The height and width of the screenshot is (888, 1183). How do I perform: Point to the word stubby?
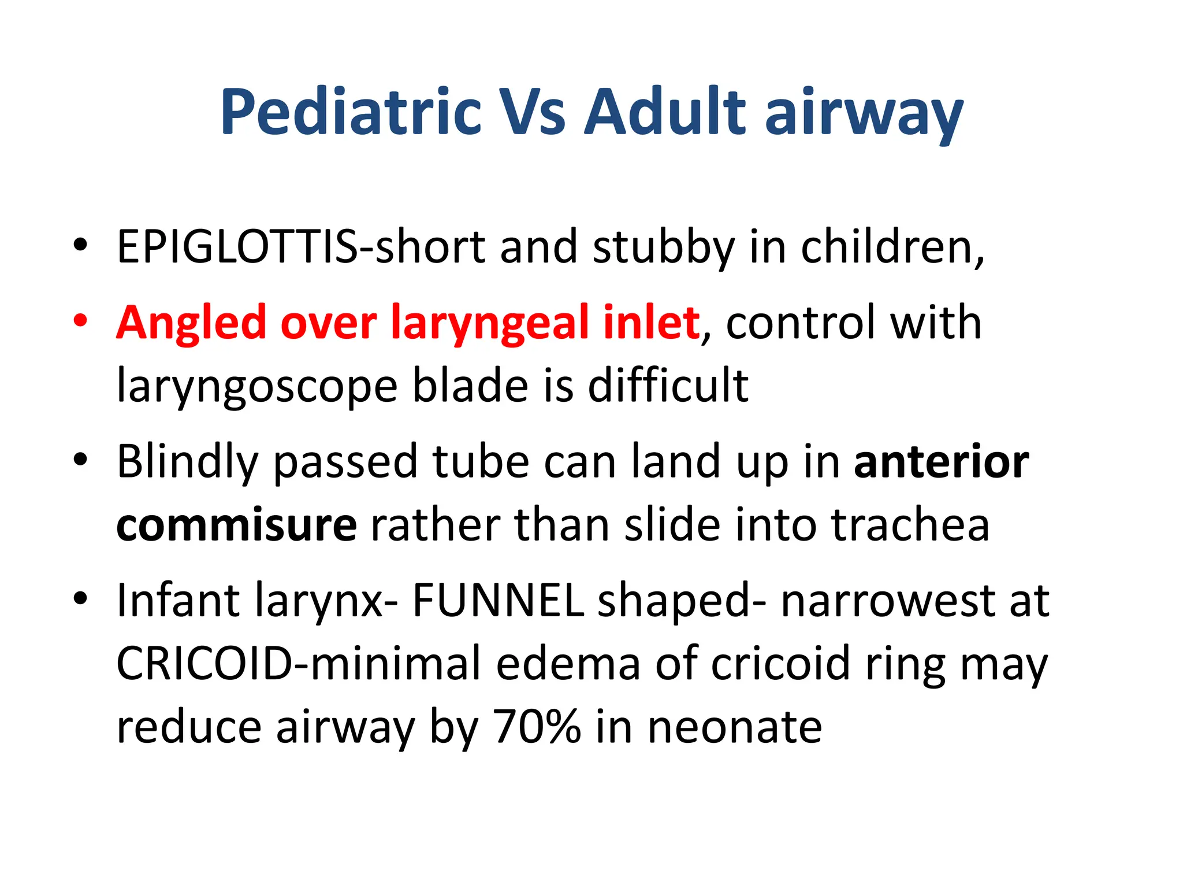(664, 247)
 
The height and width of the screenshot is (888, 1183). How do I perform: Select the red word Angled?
(191, 323)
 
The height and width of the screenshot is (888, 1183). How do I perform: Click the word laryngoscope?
(256, 386)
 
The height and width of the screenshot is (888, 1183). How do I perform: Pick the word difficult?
(668, 385)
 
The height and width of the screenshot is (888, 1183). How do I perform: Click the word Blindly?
(187, 461)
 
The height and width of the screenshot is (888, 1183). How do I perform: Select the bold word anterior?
(941, 461)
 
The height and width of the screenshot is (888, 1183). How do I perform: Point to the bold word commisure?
(236, 525)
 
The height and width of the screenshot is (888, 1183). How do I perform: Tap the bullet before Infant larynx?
(80, 598)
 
